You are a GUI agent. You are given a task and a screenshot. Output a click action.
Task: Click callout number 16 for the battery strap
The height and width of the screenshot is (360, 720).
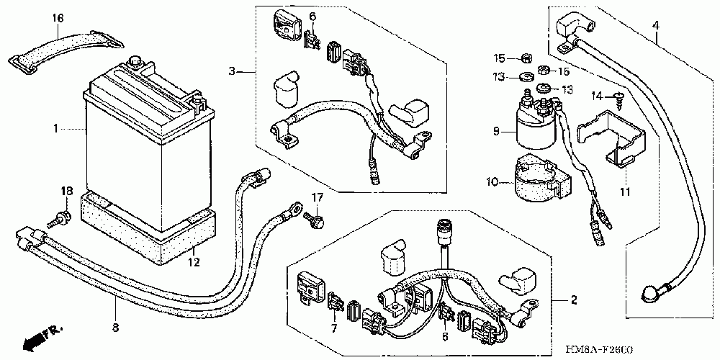[58, 17]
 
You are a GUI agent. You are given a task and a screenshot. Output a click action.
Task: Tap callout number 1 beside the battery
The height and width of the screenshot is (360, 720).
[55, 129]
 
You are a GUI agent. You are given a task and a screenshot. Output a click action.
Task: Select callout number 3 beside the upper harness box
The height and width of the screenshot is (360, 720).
[232, 71]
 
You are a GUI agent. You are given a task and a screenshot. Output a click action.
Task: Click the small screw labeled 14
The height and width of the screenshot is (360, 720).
[618, 95]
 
